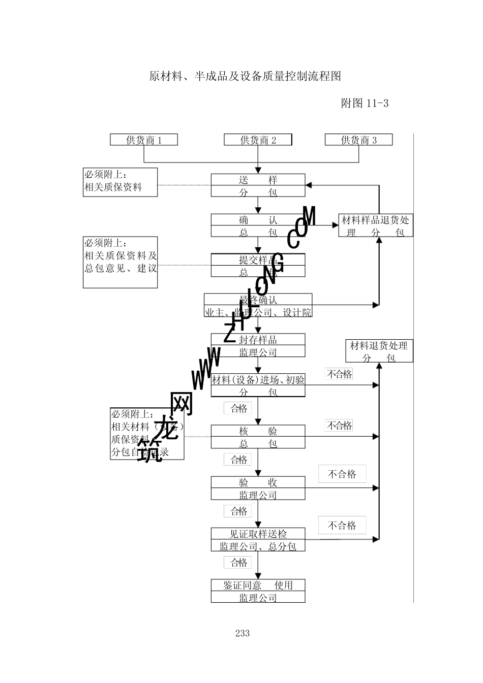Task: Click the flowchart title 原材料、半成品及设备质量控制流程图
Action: (245, 77)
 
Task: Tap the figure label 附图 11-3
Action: (364, 103)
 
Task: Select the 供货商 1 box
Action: (144, 140)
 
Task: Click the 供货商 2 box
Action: (258, 140)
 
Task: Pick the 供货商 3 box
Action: (358, 140)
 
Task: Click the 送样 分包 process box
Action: (258, 185)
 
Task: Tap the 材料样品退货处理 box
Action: (376, 225)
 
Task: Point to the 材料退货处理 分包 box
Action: (379, 351)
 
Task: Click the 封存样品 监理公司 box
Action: (258, 345)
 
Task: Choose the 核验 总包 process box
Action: (258, 437)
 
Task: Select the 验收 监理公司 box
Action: (258, 488)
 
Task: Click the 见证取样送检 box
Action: (258, 540)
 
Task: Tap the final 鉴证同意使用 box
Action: (258, 591)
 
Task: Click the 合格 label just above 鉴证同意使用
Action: (238, 562)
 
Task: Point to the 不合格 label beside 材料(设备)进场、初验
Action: (339, 374)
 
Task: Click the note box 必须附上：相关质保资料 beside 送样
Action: (120, 182)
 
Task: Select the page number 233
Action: (243, 633)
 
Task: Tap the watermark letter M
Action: (309, 217)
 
